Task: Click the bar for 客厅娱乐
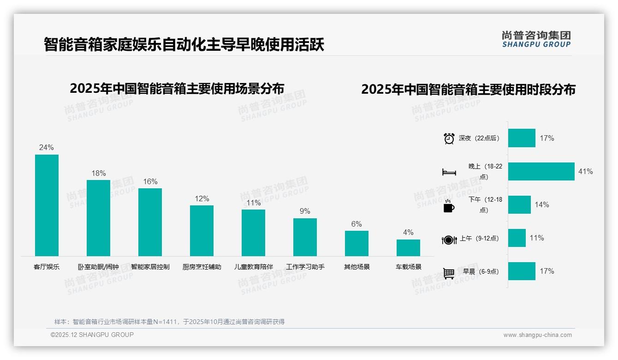47,205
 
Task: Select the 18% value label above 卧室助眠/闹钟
98,173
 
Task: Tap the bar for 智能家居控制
150,222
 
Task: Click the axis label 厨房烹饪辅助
202,267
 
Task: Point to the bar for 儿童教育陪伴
253,233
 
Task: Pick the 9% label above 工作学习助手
305,211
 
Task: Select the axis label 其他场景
357,267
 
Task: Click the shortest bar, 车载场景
408,248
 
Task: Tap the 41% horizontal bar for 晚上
541,171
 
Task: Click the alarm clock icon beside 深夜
449,138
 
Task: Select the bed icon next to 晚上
449,172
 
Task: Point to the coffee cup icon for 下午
449,206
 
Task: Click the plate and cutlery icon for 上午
449,240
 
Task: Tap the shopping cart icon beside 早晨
449,273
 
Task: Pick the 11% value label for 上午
536,238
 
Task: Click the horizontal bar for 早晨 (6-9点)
522,271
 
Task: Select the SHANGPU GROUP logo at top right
536,39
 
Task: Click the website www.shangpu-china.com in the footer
537,335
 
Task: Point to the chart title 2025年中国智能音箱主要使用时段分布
468,90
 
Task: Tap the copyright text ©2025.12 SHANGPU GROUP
92,335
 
